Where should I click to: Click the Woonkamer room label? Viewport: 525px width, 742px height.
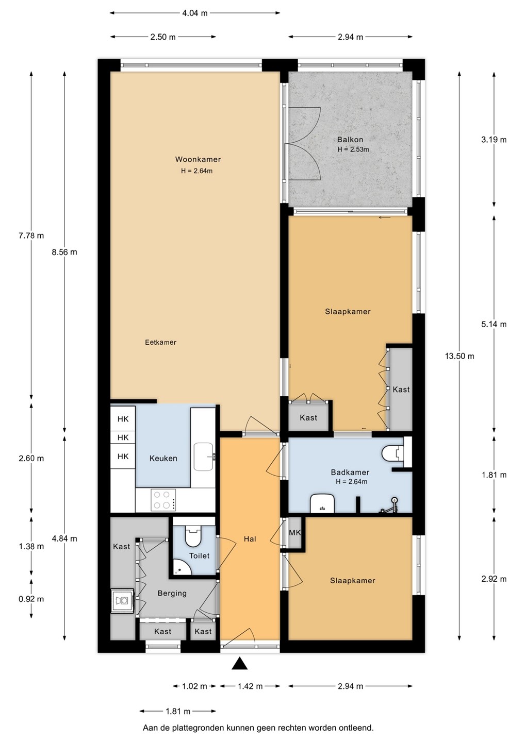(x=198, y=159)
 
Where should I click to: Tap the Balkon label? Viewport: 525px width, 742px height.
(x=350, y=140)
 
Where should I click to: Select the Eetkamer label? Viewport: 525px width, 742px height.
(x=160, y=342)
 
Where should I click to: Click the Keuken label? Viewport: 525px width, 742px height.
(x=163, y=459)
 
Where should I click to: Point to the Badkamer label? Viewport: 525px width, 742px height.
(x=350, y=473)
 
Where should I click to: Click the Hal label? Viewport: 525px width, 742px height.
(x=250, y=539)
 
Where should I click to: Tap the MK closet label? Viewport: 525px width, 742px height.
(x=294, y=533)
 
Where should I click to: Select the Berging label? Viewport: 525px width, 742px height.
(x=172, y=593)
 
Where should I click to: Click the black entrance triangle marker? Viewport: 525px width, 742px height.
(x=239, y=664)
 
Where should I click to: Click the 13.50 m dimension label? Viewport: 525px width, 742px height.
(x=460, y=356)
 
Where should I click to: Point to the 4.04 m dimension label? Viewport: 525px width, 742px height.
(x=195, y=13)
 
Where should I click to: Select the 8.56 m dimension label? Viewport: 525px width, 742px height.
(x=64, y=252)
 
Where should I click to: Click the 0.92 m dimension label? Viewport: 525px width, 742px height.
(x=31, y=599)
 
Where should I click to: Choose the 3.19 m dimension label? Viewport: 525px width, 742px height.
(x=494, y=140)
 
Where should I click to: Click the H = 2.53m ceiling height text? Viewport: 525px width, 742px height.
(x=353, y=149)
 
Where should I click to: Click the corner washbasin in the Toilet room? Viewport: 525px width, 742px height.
(x=181, y=569)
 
